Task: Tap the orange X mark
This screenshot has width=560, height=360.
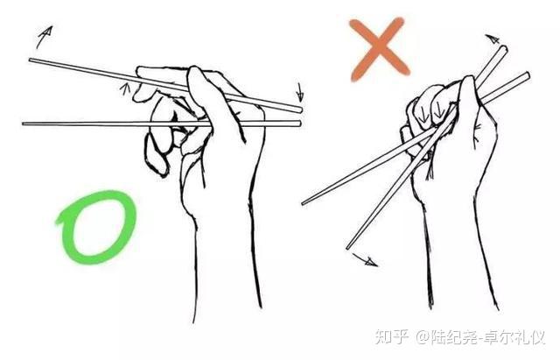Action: pos(380,49)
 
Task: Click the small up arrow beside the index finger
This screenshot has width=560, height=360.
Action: pos(125,88)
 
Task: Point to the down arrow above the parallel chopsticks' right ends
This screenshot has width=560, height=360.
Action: pos(300,93)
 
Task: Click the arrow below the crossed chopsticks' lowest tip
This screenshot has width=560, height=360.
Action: pos(365,260)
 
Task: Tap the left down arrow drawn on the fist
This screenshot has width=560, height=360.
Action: pos(423,114)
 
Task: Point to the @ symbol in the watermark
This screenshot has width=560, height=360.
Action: pos(422,337)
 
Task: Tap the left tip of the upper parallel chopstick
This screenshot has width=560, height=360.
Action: pos(30,60)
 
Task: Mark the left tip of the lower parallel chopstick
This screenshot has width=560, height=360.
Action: pos(24,124)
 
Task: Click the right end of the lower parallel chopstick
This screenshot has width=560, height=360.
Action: pos(300,124)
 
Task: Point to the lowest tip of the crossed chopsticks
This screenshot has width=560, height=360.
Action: pos(347,248)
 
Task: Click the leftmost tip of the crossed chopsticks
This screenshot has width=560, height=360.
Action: pos(303,204)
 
